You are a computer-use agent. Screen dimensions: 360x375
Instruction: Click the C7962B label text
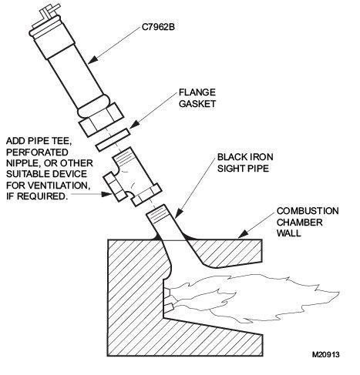click(158, 27)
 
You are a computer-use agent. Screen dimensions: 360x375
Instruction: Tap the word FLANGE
click(197, 92)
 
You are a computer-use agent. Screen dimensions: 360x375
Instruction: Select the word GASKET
click(197, 103)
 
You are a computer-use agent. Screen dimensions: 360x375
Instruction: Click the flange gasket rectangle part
click(113, 140)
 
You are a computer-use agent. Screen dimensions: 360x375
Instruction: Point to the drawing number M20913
click(325, 354)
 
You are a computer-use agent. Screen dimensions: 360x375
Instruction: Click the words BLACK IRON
click(245, 157)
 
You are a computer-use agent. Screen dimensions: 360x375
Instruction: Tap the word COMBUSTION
click(308, 211)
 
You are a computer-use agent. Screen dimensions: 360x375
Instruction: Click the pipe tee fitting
click(133, 178)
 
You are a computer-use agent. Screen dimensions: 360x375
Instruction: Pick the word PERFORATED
click(37, 152)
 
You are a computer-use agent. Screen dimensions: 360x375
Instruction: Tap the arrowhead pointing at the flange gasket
click(134, 125)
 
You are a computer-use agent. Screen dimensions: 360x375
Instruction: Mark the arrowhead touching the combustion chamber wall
click(243, 234)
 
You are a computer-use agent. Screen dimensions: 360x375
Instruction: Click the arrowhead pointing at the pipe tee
click(107, 194)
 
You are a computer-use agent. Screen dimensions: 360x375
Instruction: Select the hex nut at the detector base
click(101, 119)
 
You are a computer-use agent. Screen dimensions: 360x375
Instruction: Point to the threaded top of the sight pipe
click(157, 214)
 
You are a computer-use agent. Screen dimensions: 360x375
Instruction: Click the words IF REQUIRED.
click(36, 196)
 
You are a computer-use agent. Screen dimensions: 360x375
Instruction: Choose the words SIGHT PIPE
click(243, 168)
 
